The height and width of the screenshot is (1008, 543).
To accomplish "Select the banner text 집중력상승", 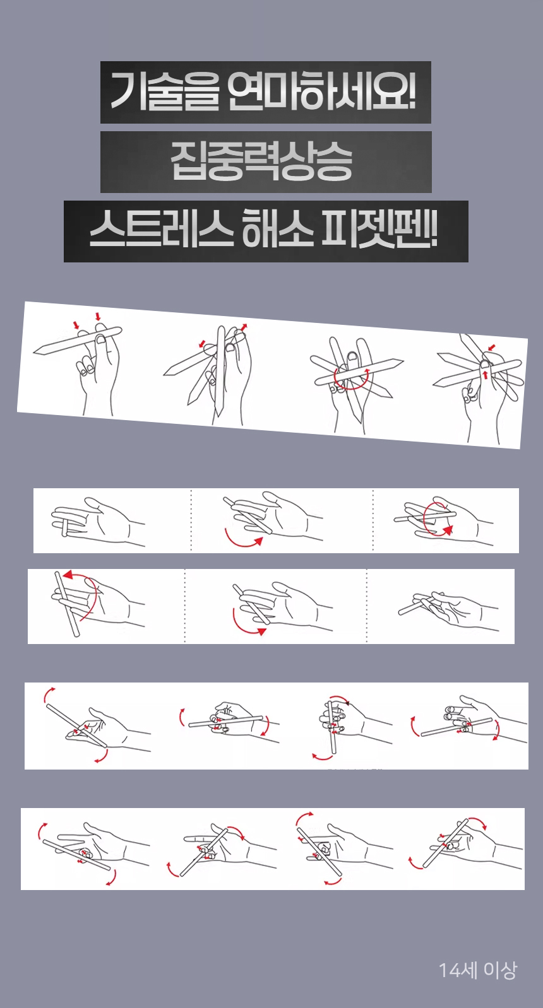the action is coord(261,161).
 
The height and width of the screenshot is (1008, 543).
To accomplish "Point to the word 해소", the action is coord(278,231).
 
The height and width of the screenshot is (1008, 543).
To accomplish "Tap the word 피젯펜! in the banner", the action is coord(379,231).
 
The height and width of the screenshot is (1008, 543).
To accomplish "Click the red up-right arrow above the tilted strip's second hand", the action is coord(244,327).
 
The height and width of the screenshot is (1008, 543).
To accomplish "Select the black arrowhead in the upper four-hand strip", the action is coord(347,703).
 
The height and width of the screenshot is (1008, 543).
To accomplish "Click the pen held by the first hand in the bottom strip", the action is coord(76,855).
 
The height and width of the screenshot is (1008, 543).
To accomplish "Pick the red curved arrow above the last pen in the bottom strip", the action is coord(479,823).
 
